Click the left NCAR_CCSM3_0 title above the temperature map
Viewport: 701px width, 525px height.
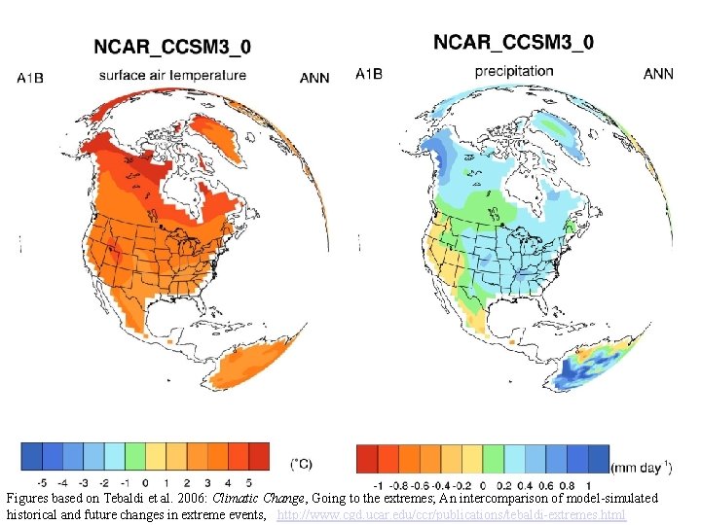coord(171,47)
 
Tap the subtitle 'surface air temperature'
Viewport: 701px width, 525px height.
coord(172,75)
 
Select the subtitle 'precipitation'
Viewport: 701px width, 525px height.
coord(514,71)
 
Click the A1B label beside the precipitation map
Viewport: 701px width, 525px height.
coord(369,74)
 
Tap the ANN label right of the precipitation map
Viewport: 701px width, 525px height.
coord(658,74)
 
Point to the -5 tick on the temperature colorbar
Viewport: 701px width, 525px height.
coord(40,482)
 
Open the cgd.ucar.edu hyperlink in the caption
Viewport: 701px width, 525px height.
coord(451,513)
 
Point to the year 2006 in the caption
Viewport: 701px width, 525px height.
coord(191,498)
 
